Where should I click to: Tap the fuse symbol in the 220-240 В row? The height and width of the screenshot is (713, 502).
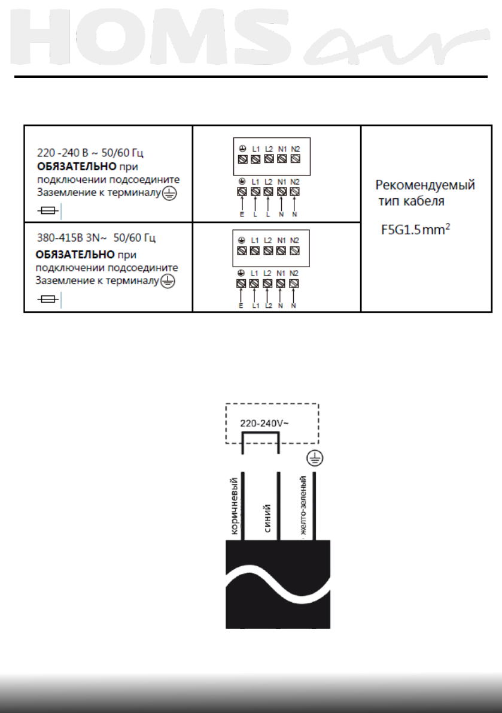point(47,210)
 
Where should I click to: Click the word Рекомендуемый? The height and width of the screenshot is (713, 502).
point(425,185)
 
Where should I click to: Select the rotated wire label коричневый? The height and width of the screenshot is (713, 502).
point(235,503)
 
